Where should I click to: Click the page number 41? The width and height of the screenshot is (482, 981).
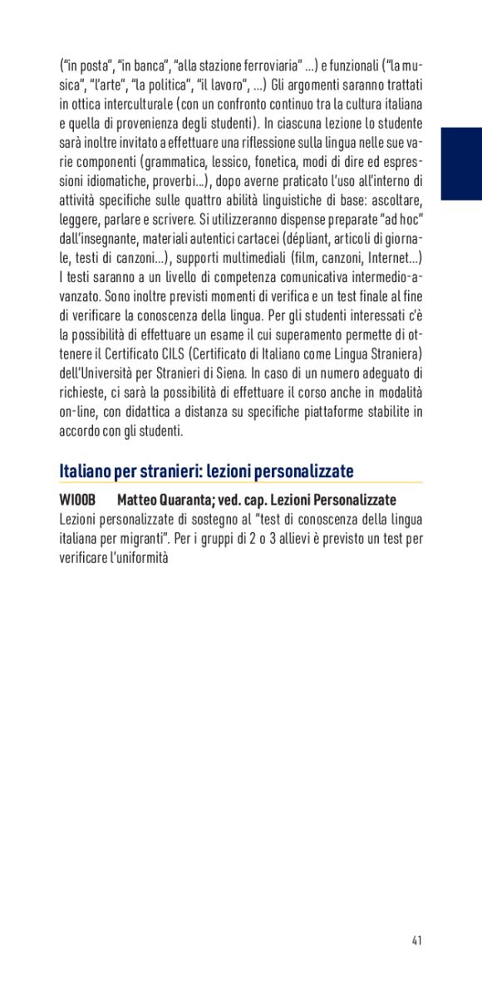click(x=416, y=940)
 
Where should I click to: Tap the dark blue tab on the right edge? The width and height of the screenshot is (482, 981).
click(x=461, y=163)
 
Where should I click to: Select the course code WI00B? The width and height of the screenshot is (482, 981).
click(x=78, y=500)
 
